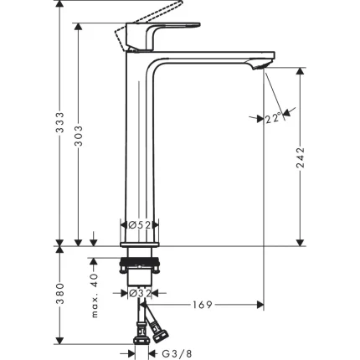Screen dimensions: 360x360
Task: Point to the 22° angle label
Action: pyautogui.click(x=272, y=119)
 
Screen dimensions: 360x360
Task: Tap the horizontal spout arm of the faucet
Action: pyautogui.click(x=209, y=61)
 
